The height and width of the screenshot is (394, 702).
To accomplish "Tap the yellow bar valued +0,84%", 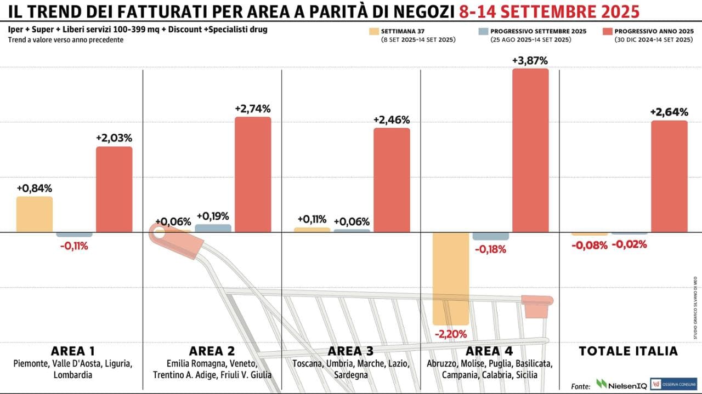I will [35, 214].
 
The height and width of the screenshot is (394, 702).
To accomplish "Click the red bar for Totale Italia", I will [669, 176].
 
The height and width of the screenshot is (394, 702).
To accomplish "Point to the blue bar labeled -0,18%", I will [490, 236].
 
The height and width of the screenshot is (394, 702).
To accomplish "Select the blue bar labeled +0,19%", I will [213, 228].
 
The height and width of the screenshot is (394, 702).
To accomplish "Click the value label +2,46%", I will [392, 120].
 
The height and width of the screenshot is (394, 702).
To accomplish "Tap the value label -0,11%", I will [74, 246].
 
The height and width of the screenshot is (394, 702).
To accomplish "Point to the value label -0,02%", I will [629, 245].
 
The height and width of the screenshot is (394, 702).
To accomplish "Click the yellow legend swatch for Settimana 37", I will [375, 32].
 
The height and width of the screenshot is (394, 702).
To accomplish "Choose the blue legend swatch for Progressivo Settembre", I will [483, 32].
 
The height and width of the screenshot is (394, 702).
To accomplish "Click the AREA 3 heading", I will [351, 351].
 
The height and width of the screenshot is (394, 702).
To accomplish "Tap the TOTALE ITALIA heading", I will [629, 351].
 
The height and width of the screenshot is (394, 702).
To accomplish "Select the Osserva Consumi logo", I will [673, 384].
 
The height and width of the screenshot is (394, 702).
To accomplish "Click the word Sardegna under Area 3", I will [351, 375].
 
